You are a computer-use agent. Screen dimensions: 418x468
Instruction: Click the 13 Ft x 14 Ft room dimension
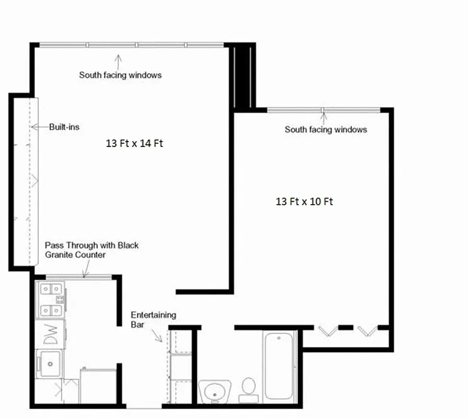(x=134, y=143)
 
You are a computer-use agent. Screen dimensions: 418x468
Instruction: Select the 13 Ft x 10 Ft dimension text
(x=304, y=201)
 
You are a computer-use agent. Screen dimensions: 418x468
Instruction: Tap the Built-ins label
(x=64, y=126)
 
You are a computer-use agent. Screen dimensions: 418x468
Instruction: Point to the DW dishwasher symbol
(x=50, y=334)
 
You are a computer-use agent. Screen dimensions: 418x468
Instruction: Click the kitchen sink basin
(x=49, y=360)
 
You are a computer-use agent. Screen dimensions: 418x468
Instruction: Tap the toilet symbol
(x=248, y=389)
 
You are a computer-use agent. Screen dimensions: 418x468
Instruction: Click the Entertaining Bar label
(x=153, y=319)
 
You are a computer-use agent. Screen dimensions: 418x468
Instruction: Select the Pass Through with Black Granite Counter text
(x=92, y=250)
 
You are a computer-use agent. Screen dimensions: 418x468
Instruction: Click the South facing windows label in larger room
(x=120, y=75)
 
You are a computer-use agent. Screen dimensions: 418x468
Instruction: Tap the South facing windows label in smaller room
(x=326, y=129)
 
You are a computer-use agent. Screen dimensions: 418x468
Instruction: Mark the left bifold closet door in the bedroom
(x=327, y=331)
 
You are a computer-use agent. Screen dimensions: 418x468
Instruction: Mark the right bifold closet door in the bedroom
(x=367, y=331)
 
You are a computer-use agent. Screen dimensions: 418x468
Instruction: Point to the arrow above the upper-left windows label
(x=118, y=61)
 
